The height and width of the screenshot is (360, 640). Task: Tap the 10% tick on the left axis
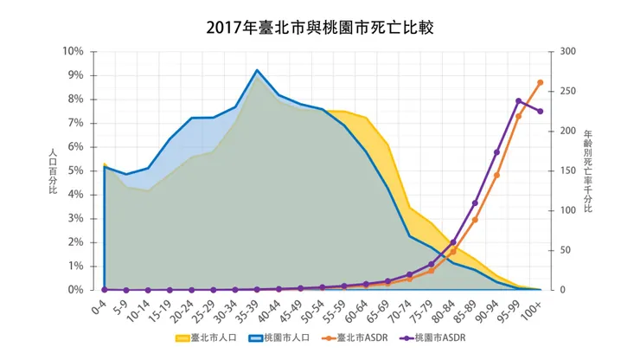[72, 51]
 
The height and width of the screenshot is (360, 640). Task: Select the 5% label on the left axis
[74, 170]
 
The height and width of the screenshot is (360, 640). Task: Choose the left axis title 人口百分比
[53, 170]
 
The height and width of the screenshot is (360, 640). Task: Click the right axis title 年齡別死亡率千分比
[588, 170]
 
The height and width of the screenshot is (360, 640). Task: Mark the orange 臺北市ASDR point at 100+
[541, 82]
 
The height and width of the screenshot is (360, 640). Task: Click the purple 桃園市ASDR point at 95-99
[519, 100]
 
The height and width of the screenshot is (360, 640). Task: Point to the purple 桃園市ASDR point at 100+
[541, 111]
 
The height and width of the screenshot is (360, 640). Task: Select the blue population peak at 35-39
[257, 70]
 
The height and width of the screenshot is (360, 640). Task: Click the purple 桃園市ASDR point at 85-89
[475, 203]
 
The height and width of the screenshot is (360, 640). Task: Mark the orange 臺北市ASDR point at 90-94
[496, 175]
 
